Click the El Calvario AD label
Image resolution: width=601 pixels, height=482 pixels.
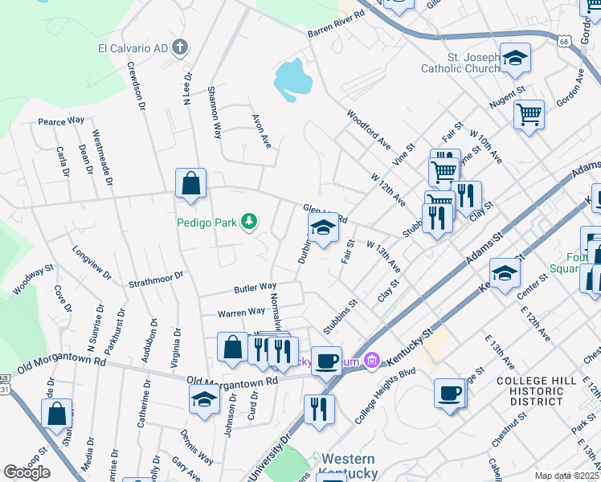pyautogui.click(x=133, y=48)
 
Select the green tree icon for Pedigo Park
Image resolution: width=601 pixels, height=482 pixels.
pyautogui.click(x=250, y=221)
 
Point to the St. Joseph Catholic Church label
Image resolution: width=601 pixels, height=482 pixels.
pyautogui.click(x=460, y=63)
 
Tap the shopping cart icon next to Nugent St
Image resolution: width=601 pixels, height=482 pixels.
pyautogui.click(x=529, y=114)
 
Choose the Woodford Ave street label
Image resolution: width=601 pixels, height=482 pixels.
pyautogui.click(x=368, y=129)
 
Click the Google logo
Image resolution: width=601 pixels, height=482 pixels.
pyautogui.click(x=27, y=472)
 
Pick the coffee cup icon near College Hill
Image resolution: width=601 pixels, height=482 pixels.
pyautogui.click(x=449, y=393)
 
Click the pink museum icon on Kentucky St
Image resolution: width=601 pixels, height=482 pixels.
pyautogui.click(x=370, y=362)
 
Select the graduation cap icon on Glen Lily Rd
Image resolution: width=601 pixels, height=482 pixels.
pyautogui.click(x=323, y=229)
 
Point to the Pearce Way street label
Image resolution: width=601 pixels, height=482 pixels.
pyautogui.click(x=61, y=120)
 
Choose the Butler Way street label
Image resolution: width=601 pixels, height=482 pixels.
pyautogui.click(x=255, y=287)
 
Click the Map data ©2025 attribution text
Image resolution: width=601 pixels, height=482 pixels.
pyautogui.click(x=566, y=476)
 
